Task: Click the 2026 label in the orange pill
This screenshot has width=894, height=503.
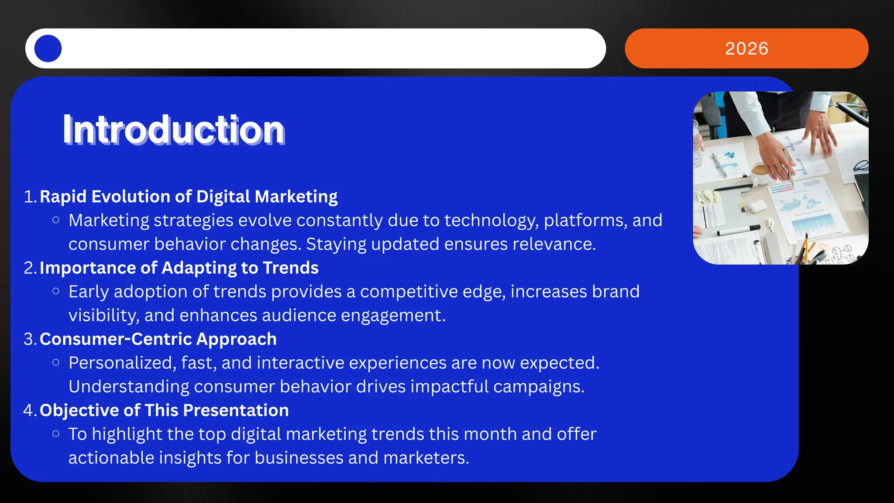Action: pyautogui.click(x=746, y=48)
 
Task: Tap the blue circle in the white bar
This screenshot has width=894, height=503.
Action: pyautogui.click(x=48, y=48)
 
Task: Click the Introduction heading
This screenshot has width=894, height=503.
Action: pyautogui.click(x=174, y=130)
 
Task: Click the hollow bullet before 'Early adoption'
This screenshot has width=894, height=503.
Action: pyautogui.click(x=56, y=291)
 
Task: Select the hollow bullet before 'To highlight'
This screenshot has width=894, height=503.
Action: pyautogui.click(x=56, y=434)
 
